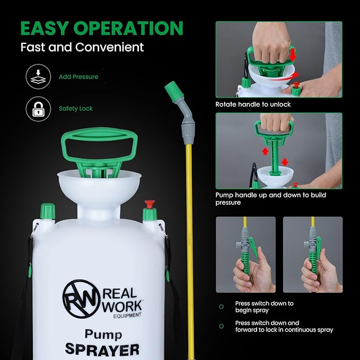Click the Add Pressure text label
click(78, 77)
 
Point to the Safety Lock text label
click(76, 109)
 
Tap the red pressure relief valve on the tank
click(150, 204)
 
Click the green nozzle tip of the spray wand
click(173, 90)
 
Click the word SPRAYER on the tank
click(102, 350)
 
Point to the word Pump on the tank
click(103, 334)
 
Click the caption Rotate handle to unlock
click(253, 104)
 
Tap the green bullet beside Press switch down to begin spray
click(222, 307)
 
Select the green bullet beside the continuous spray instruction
click(222, 326)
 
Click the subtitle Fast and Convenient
click(82, 47)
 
